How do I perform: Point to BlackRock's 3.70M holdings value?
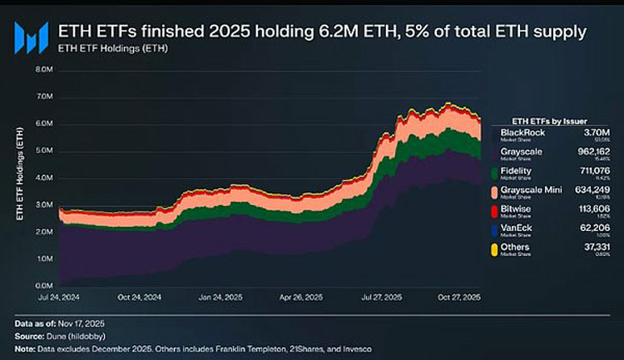[x=598, y=132]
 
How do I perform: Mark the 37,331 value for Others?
[x=594, y=248]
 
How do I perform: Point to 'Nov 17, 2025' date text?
[x=90, y=322]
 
